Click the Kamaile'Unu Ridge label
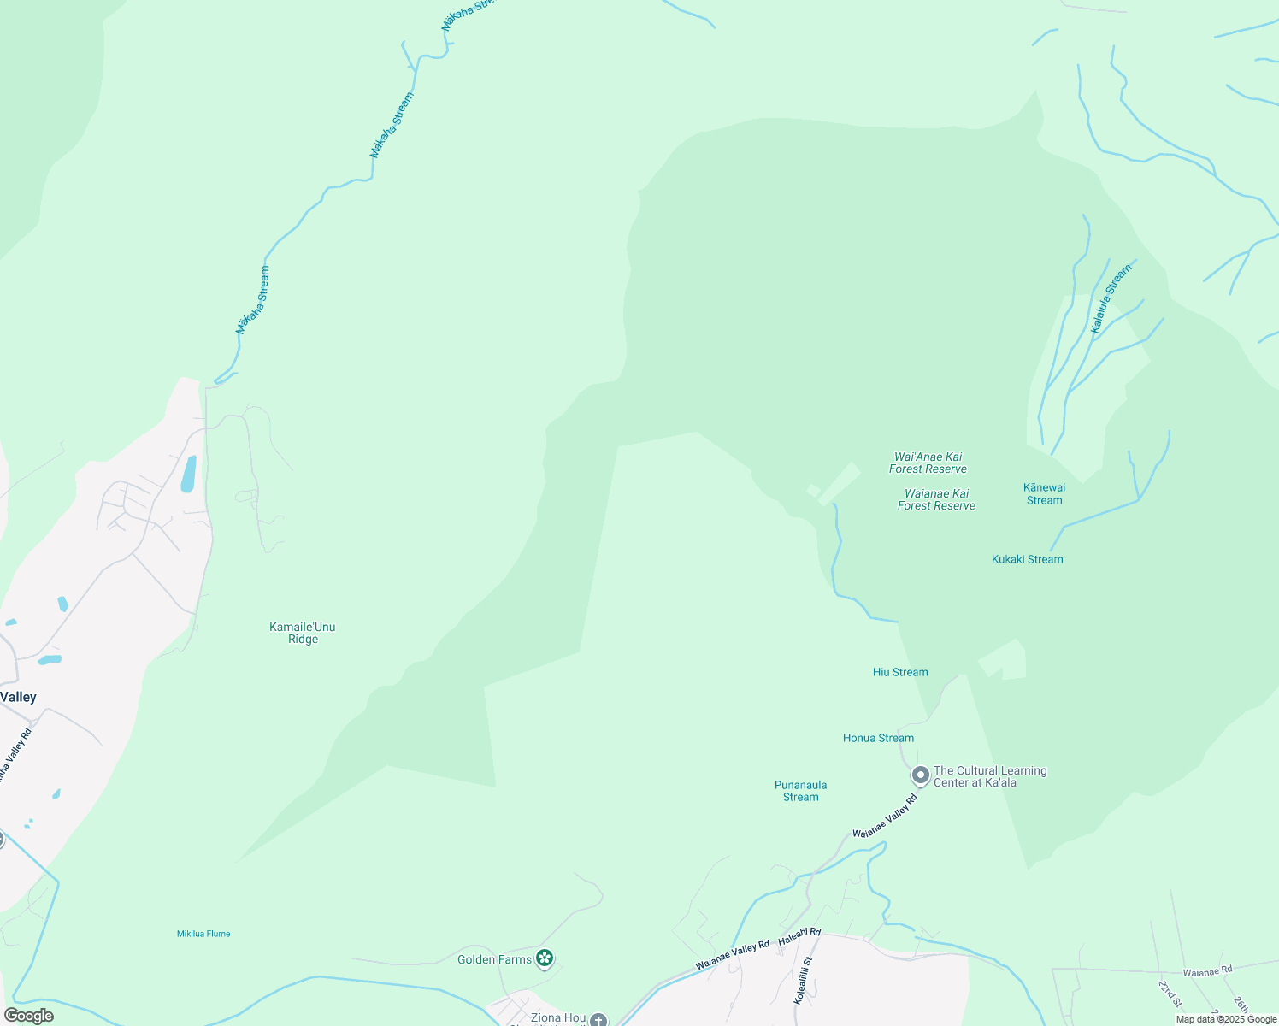(x=303, y=633)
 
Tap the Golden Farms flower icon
(x=544, y=958)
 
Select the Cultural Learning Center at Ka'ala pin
(x=921, y=775)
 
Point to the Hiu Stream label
(x=900, y=672)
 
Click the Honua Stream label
(x=878, y=738)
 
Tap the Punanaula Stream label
(x=800, y=791)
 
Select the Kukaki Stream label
(x=1027, y=559)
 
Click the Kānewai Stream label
(x=1044, y=494)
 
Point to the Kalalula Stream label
(x=1111, y=298)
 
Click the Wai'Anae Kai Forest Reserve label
(x=928, y=463)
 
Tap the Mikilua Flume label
(x=203, y=934)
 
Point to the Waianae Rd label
(x=1207, y=971)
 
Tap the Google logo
(x=28, y=1016)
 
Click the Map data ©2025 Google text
(x=1225, y=1019)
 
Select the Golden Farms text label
(x=494, y=959)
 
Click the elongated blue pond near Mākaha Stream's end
(x=188, y=474)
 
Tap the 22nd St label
(x=1170, y=994)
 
